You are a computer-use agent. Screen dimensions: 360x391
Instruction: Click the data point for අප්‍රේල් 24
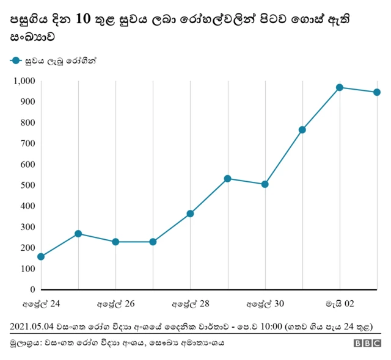click(41, 257)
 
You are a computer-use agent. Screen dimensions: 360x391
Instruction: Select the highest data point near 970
click(340, 87)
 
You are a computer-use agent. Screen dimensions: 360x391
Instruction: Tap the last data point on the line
click(377, 92)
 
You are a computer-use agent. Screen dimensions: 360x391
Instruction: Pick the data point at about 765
click(302, 130)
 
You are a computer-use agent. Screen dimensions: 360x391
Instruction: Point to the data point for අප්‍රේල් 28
click(190, 214)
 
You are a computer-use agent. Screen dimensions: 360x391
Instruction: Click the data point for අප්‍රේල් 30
click(265, 184)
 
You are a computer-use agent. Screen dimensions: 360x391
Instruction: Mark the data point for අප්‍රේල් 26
click(115, 242)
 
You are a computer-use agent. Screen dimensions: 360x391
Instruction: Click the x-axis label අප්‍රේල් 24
click(41, 303)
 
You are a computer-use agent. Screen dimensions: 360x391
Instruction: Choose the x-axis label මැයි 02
click(340, 303)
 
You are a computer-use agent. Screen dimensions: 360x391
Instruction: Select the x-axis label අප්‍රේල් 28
click(190, 303)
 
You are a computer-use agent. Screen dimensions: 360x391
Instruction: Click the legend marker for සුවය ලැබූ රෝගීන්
click(15, 60)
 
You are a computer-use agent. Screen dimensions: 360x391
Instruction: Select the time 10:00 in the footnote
click(272, 326)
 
